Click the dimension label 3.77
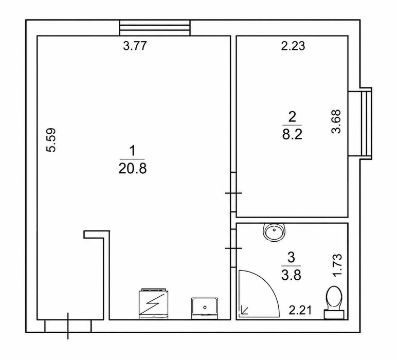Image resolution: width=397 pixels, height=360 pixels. pyautogui.click(x=135, y=46)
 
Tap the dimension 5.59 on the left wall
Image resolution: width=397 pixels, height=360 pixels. pyautogui.click(x=51, y=140)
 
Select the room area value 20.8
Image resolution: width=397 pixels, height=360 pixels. pyautogui.click(x=132, y=168)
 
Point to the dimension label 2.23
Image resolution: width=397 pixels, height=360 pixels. pyautogui.click(x=293, y=46)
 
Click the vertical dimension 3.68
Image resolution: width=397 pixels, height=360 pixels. pyautogui.click(x=336, y=121)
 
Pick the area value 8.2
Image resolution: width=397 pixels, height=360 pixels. pyautogui.click(x=292, y=134)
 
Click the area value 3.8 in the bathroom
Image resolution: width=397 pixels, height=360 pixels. pyautogui.click(x=291, y=275)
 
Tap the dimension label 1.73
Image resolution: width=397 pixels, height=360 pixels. pyautogui.click(x=337, y=265)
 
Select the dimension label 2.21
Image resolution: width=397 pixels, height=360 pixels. pyautogui.click(x=300, y=310)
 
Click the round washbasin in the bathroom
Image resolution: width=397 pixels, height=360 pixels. pyautogui.click(x=274, y=232)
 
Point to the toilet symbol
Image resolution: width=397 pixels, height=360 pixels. pyautogui.click(x=334, y=302)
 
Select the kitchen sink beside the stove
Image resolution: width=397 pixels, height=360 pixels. pyautogui.click(x=205, y=308)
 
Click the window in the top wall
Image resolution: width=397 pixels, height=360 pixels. pyautogui.click(x=154, y=28)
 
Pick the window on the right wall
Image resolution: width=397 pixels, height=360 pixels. pyautogui.click(x=360, y=123)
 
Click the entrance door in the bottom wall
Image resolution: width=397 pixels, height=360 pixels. pyautogui.click(x=68, y=326)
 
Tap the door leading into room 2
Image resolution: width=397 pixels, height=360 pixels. pyautogui.click(x=233, y=193)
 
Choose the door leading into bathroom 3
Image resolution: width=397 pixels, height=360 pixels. pyautogui.click(x=233, y=248)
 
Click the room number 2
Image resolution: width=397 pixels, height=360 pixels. pyautogui.click(x=292, y=117)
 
